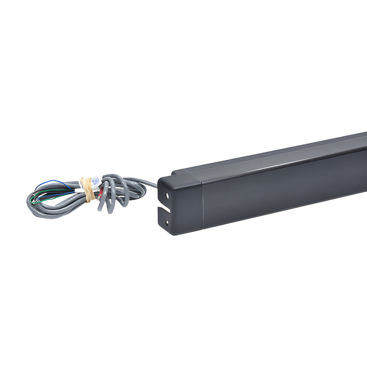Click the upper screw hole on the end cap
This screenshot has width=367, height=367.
coord(167,195)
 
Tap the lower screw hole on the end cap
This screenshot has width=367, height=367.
coord(167,223)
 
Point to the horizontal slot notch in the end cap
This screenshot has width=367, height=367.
coord(164,209)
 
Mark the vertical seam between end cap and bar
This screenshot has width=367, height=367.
coord(202,202)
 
